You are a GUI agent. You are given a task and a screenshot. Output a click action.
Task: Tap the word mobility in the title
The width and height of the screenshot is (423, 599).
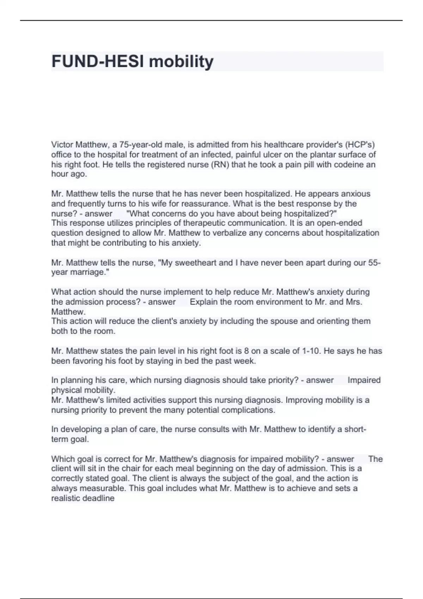click(181, 61)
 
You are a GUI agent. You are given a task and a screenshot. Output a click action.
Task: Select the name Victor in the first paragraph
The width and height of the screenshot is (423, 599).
click(62, 145)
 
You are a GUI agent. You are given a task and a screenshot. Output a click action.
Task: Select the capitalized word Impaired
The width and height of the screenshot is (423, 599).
click(364, 380)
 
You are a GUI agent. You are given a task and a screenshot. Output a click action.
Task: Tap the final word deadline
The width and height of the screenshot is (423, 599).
click(99, 498)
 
